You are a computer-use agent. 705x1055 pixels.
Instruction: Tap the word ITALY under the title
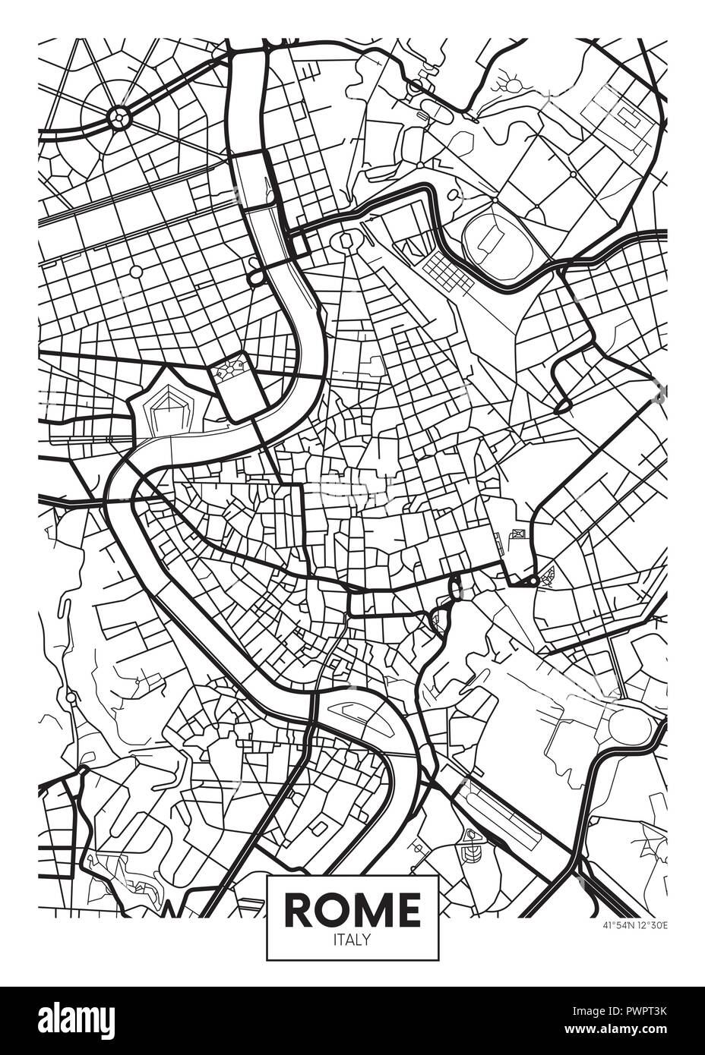(352, 940)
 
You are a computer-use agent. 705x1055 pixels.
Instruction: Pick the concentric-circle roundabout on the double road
(119, 117)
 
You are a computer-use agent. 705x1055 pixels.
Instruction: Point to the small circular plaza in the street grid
(137, 271)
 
